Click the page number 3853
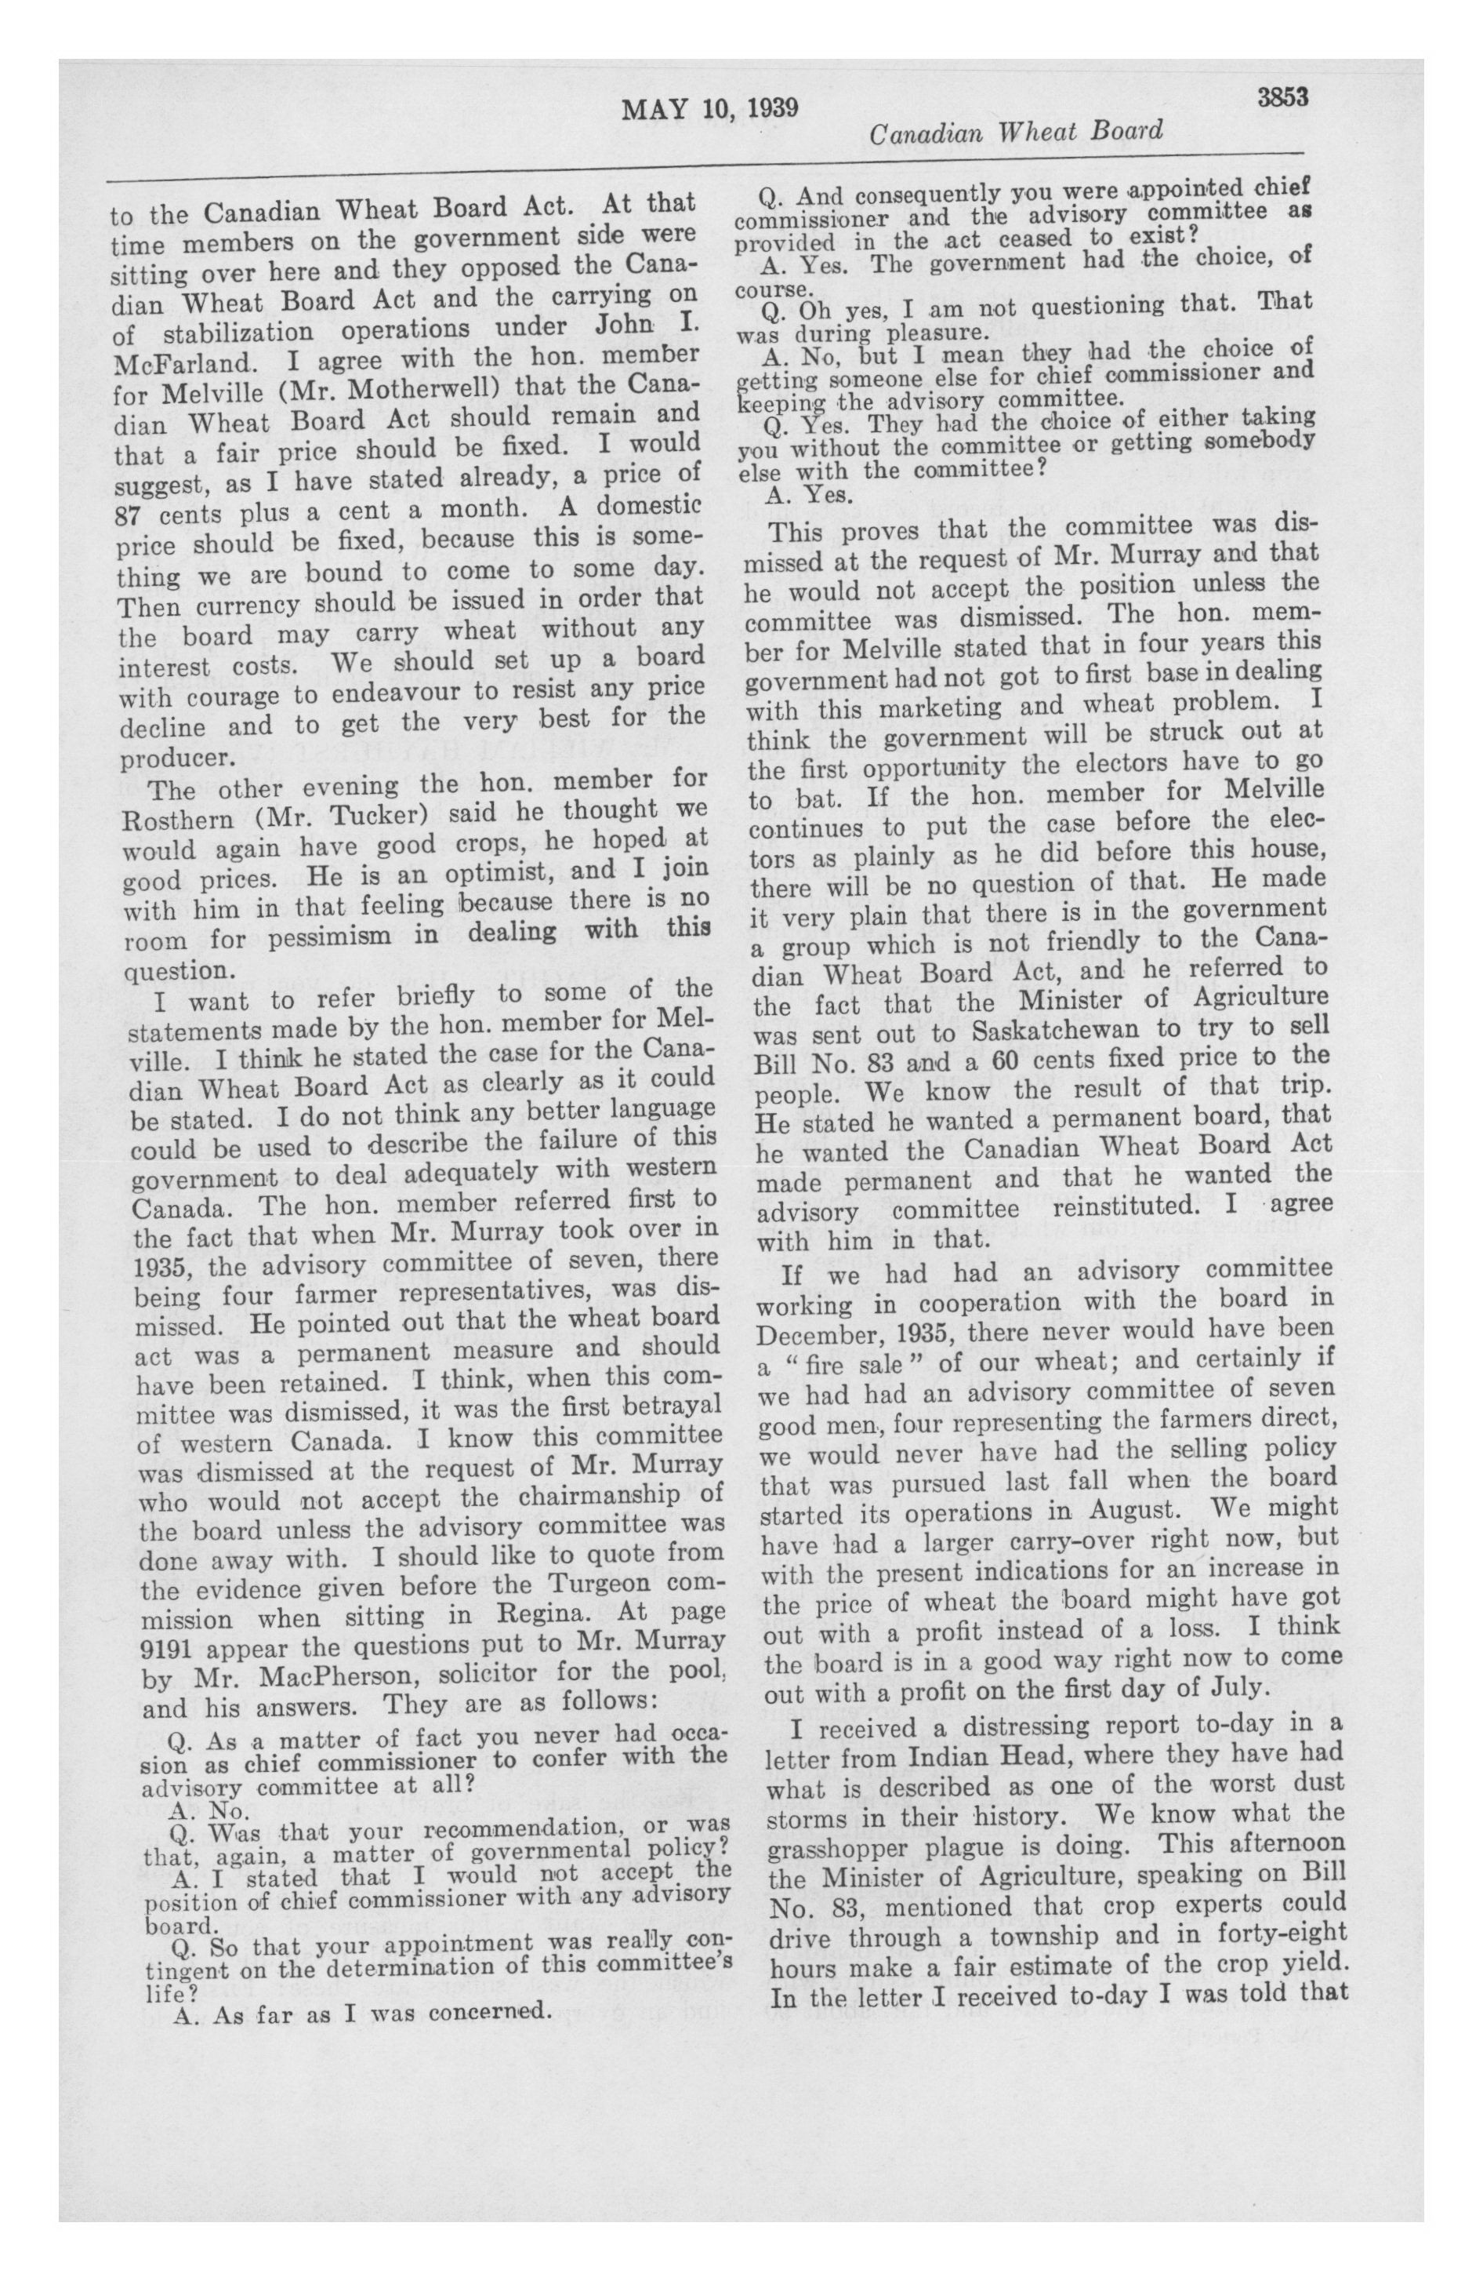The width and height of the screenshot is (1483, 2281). (1273, 98)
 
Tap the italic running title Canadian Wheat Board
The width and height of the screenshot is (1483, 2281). (1016, 131)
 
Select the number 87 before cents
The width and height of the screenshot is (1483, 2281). (129, 515)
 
